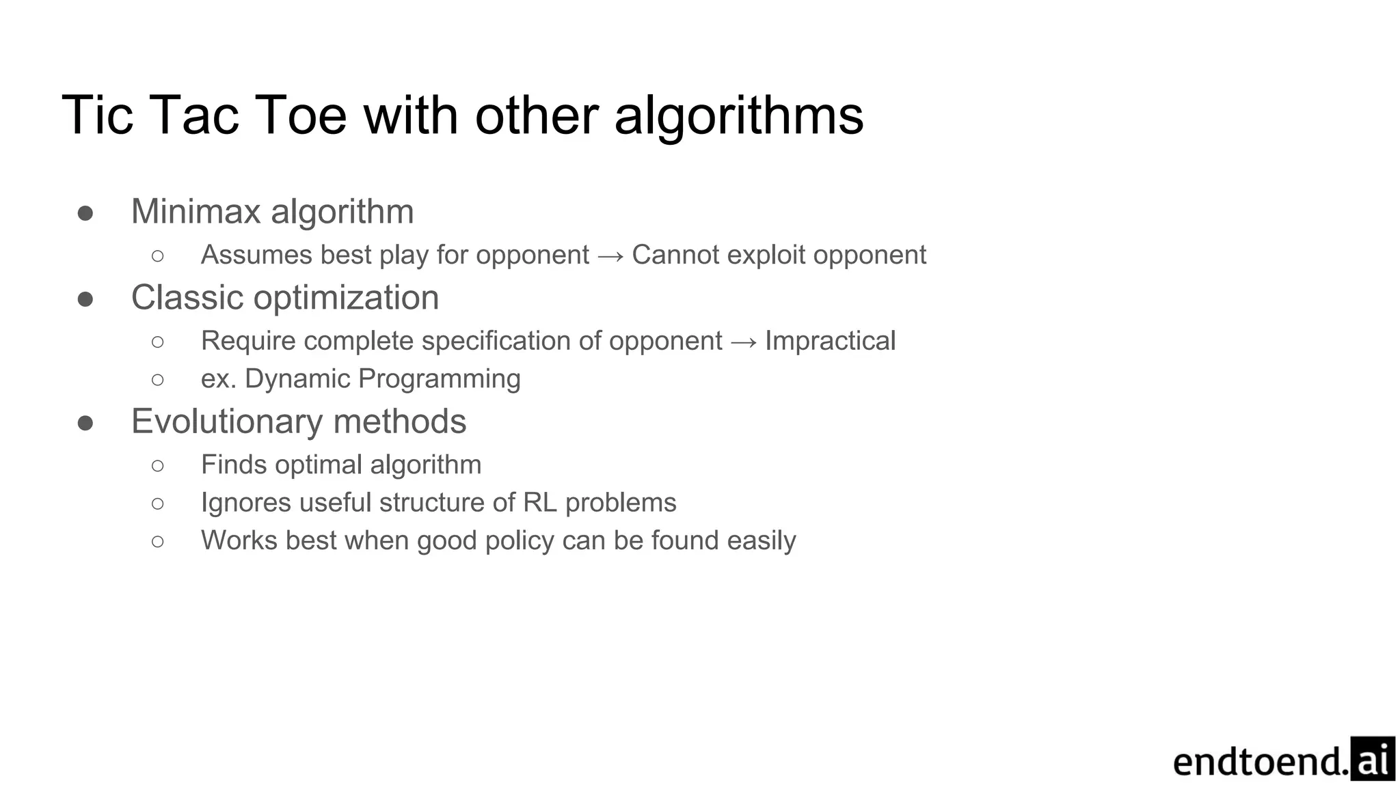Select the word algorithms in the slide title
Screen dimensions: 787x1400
click(x=739, y=115)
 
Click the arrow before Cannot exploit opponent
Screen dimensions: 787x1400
click(x=610, y=256)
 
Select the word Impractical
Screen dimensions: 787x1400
click(x=830, y=341)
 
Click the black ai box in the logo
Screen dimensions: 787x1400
click(x=1372, y=759)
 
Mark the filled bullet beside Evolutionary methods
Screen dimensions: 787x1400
click(x=85, y=423)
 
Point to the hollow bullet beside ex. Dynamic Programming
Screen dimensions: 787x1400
click(x=158, y=379)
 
